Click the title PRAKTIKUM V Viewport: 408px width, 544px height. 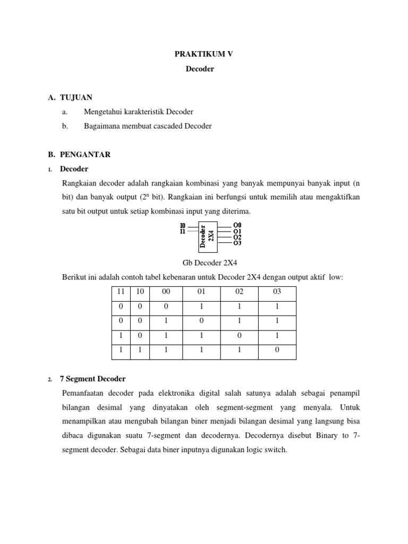[204, 54]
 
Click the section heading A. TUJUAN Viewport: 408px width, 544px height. [70, 97]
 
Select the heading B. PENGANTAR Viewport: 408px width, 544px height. [79, 155]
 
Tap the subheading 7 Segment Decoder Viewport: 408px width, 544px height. [93, 379]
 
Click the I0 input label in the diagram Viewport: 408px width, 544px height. [183, 225]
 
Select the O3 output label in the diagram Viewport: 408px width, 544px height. [237, 243]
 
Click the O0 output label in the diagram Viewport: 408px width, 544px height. [237, 225]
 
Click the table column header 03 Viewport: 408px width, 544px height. [277, 292]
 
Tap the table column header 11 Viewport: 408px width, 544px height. [121, 292]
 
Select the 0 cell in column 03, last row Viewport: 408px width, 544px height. [277, 351]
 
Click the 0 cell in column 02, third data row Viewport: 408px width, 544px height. [239, 336]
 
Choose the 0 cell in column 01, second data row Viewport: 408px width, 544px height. [201, 321]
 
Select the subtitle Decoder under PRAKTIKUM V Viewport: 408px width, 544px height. [204, 69]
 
